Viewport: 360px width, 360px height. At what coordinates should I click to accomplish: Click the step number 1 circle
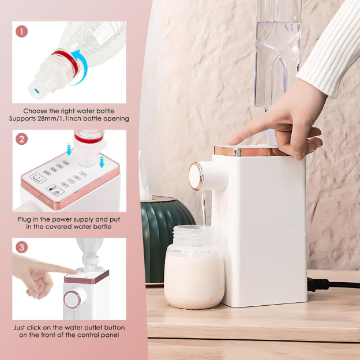(22, 31)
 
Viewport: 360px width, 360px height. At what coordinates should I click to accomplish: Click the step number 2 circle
(22, 139)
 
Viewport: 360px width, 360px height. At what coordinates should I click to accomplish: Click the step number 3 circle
(22, 247)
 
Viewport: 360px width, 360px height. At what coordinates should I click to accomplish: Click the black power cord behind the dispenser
(335, 284)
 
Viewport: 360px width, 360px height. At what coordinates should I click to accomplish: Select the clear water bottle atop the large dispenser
(277, 52)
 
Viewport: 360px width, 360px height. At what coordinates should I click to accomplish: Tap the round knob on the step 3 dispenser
(72, 299)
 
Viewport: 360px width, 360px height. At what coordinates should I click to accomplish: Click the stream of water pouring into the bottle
(203, 211)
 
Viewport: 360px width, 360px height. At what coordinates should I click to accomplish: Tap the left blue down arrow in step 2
(69, 152)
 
